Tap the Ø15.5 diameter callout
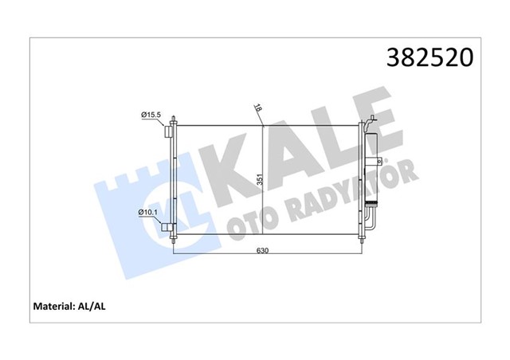151,115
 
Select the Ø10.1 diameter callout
149,211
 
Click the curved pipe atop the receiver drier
370,123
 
